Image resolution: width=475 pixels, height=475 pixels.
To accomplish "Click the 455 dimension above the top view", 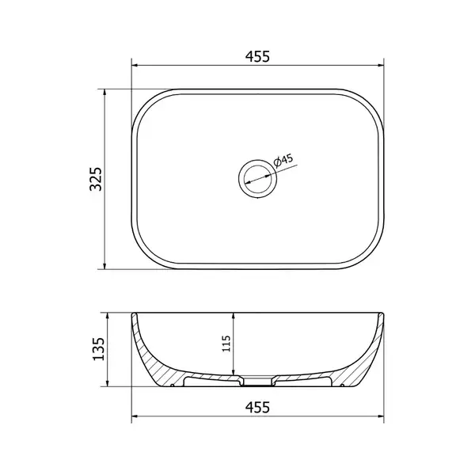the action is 257,57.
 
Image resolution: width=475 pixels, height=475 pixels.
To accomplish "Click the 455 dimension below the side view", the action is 257,407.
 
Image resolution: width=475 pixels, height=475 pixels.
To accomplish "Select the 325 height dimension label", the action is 96,179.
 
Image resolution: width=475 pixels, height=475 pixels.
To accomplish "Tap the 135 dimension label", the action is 98,348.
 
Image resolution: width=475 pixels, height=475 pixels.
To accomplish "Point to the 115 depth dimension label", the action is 226,344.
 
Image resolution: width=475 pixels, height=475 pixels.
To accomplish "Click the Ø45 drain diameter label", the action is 283,160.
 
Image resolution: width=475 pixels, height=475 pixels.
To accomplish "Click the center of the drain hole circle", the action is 257,179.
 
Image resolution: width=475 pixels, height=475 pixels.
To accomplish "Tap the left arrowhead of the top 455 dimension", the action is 135,65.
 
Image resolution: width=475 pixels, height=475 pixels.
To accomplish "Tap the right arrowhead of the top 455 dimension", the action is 380,65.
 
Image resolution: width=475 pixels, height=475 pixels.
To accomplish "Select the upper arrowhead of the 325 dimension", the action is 104,93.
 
